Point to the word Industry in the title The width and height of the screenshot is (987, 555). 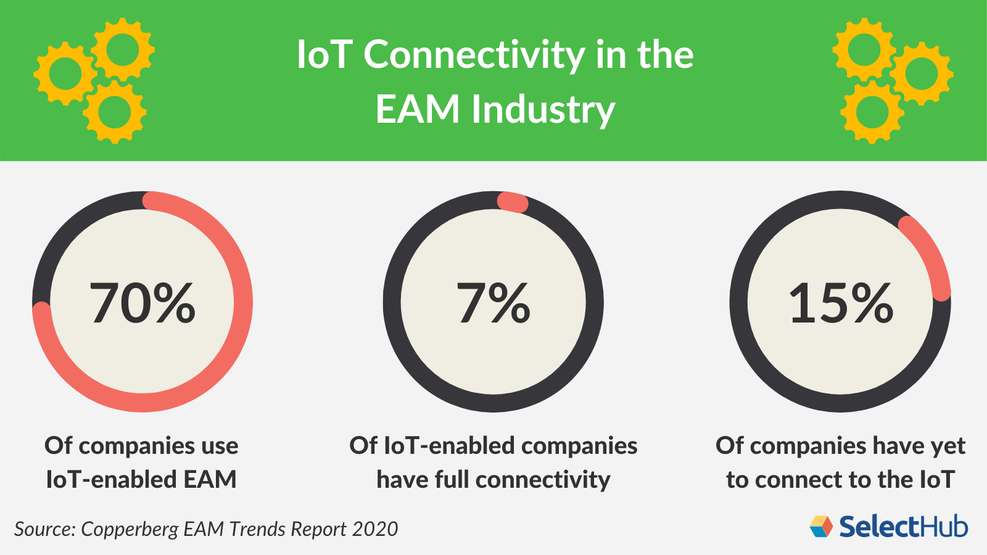click(543, 110)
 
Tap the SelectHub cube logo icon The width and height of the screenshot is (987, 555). click(821, 526)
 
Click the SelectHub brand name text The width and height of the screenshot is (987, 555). click(903, 527)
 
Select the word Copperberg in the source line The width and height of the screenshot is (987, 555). click(130, 529)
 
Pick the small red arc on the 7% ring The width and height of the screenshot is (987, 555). click(513, 202)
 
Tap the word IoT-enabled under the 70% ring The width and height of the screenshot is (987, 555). click(90, 479)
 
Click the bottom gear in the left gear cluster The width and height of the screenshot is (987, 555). click(115, 112)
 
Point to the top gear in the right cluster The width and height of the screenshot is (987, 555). click(863, 49)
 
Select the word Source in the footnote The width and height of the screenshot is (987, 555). click(44, 529)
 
